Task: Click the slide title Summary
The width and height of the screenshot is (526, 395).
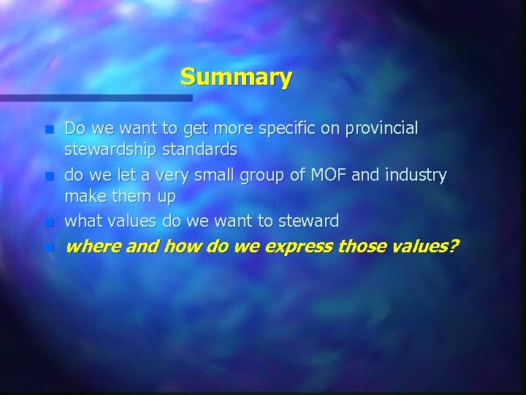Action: [236, 77]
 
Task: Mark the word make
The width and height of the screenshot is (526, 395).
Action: [83, 197]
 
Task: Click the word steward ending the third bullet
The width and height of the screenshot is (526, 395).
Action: [310, 220]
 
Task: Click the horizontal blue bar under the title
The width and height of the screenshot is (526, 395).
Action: [96, 97]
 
